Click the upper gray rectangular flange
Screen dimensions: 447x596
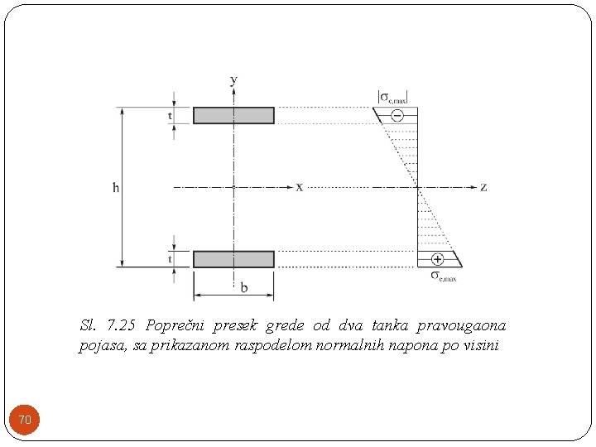tap(233, 115)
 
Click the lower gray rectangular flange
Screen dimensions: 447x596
tap(233, 259)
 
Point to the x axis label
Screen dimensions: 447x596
tap(299, 187)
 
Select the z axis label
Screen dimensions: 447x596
tap(483, 187)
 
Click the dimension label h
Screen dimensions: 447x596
tap(116, 188)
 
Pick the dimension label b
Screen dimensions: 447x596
tap(243, 288)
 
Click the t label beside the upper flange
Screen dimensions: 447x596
tap(171, 116)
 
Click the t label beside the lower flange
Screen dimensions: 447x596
tap(171, 259)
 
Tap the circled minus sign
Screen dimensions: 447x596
tap(397, 116)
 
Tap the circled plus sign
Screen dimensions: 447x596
tap(437, 258)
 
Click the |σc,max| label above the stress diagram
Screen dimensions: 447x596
tap(393, 96)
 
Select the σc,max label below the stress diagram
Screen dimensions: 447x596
tap(444, 276)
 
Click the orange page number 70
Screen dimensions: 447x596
tap(25, 421)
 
